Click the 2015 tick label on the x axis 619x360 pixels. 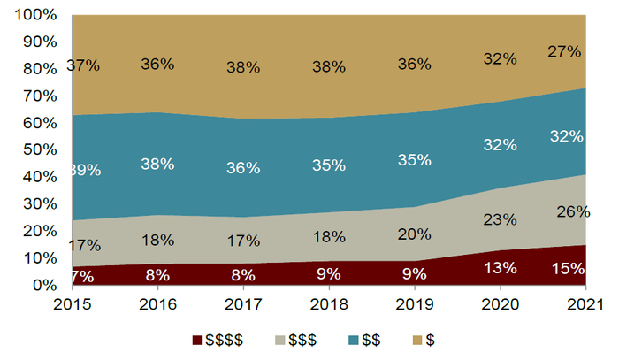(x=72, y=304)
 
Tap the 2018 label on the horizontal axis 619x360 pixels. (x=328, y=304)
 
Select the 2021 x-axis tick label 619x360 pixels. (x=585, y=304)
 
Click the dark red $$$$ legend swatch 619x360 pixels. (x=196, y=339)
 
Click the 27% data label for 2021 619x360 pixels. (x=563, y=51)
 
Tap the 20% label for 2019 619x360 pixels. (x=414, y=234)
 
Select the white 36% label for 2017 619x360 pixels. (x=242, y=167)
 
